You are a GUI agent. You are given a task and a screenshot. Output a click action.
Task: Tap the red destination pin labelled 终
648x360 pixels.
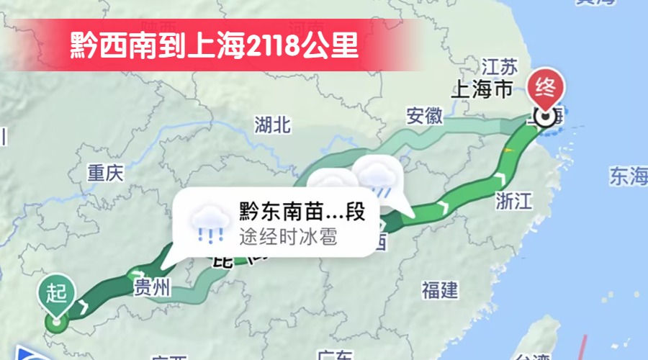(x=546, y=89)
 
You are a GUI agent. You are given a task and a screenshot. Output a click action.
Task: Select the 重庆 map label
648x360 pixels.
(x=106, y=173)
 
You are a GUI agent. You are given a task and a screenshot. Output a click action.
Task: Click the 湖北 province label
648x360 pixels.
(x=272, y=125)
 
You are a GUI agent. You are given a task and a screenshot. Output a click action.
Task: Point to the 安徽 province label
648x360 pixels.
(x=424, y=116)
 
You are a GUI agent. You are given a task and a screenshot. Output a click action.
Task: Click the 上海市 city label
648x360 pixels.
(x=481, y=89)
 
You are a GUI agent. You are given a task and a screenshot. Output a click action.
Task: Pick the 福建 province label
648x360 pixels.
(x=439, y=290)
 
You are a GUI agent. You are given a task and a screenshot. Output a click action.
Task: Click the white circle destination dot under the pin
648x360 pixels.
(x=546, y=117)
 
